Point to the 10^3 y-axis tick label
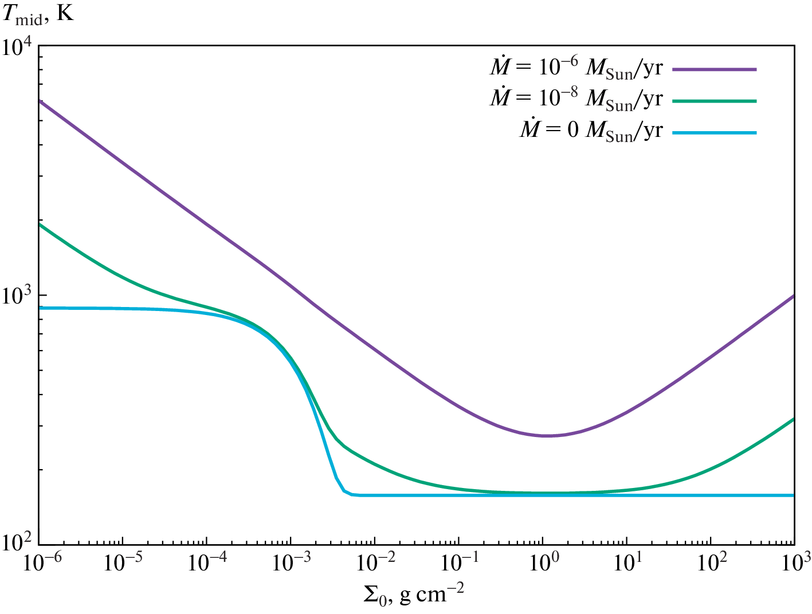coord(18,297)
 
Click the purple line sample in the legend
coord(714,69)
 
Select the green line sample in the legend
coord(714,101)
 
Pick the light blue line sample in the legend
coord(714,133)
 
